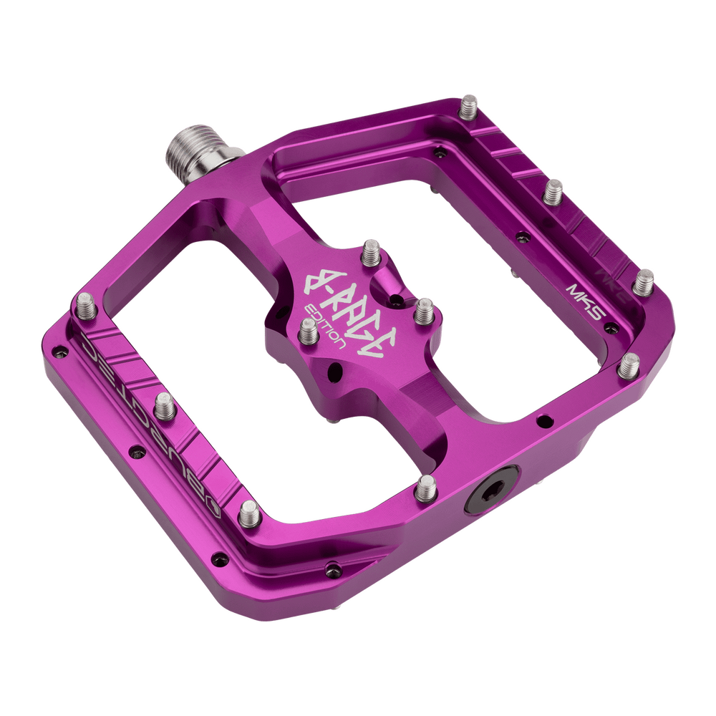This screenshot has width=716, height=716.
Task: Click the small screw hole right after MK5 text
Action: (x=612, y=327)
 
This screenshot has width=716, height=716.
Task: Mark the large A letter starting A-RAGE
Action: (x=315, y=281)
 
